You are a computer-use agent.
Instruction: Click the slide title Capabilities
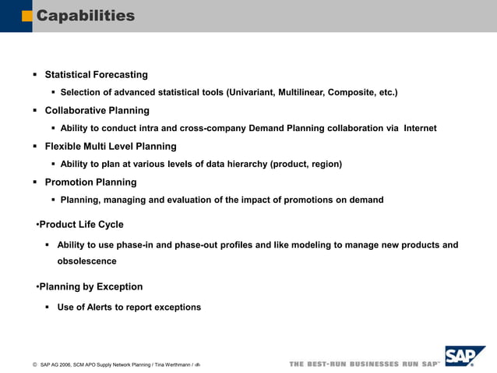86,16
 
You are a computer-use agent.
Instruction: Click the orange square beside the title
26,16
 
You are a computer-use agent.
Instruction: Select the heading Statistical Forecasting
96,75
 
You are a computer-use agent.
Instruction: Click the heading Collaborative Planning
97,110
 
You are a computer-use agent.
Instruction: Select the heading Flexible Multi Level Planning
111,146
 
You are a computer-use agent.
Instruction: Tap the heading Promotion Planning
90,182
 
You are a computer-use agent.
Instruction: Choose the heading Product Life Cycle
81,225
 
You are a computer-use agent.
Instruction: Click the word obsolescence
86,261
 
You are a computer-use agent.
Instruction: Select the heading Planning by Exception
90,286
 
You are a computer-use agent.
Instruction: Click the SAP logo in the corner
464,357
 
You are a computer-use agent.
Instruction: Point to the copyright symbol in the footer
35,364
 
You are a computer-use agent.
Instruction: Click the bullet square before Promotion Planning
34,183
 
